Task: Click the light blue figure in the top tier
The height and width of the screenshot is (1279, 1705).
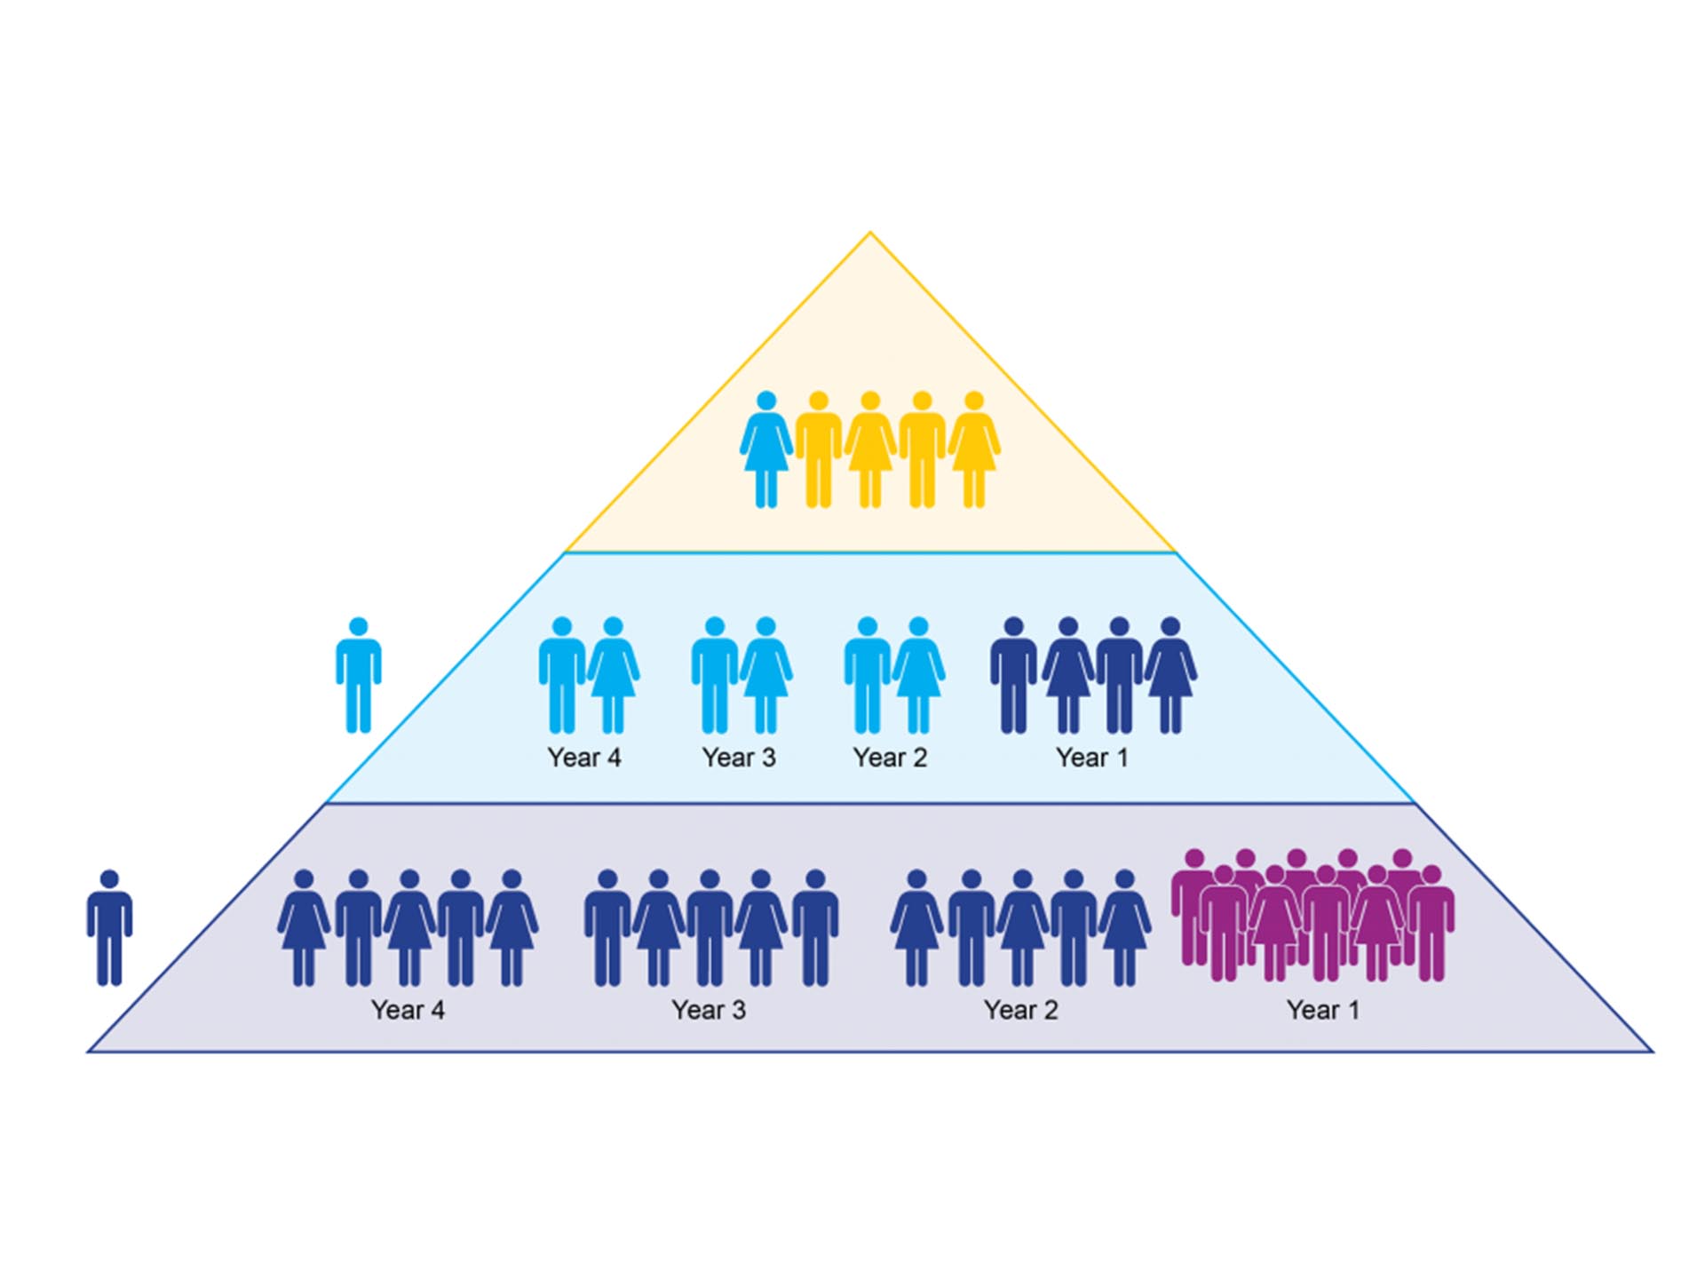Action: pos(765,449)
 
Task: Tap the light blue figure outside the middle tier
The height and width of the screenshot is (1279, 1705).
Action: pos(359,675)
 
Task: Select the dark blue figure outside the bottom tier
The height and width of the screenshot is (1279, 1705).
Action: pos(109,927)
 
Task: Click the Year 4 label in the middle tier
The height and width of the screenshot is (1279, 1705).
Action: pos(584,758)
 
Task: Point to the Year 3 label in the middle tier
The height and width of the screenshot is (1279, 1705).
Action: pos(738,758)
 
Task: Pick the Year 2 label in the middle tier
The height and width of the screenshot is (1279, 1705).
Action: pos(890,758)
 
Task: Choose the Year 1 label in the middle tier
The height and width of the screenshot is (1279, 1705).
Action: pos(1091,758)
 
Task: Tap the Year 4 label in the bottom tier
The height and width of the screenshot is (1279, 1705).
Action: pos(408,1010)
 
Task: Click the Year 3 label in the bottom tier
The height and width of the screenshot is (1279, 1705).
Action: pos(709,1010)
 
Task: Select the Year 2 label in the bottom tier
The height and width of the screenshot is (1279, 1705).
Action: pos(1020,1010)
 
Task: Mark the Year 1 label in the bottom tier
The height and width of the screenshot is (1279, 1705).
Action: pos(1322,1010)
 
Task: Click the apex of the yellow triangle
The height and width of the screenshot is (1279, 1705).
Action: pos(870,234)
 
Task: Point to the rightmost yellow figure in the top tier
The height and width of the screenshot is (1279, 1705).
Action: pos(974,449)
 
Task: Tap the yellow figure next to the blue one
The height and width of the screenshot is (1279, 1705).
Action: pos(818,449)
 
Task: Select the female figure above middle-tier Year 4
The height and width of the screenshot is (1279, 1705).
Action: pos(613,675)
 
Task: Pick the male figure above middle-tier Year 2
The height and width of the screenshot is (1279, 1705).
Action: pos(867,675)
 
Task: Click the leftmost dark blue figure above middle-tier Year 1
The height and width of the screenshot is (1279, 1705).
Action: pos(1013,675)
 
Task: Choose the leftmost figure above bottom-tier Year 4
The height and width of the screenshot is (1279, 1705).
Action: pos(304,927)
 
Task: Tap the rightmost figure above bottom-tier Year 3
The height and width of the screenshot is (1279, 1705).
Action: pos(815,927)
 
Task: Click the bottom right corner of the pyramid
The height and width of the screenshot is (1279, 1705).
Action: pos(1651,1052)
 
